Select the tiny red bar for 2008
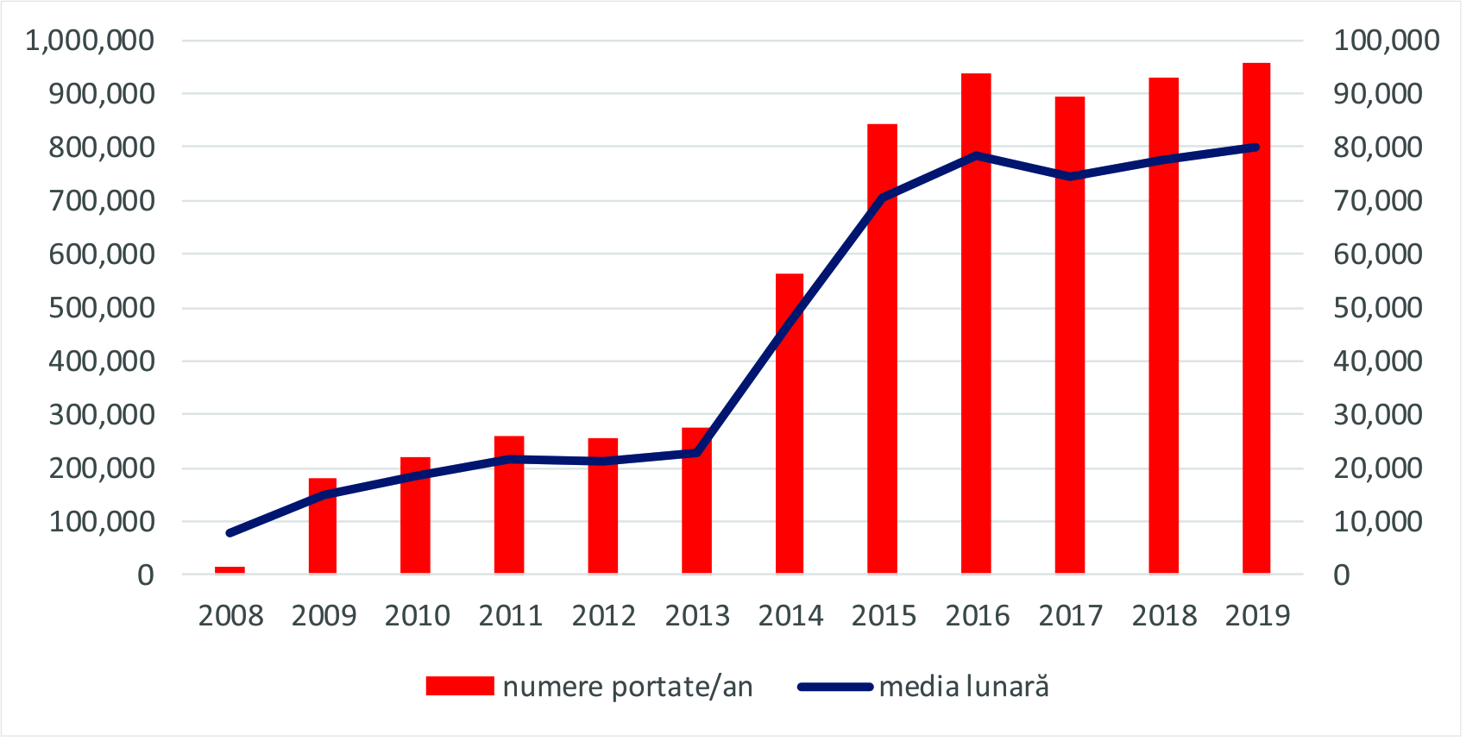tap(230, 569)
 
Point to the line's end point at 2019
tap(1256, 148)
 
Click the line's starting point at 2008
tap(230, 533)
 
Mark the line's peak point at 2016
tap(976, 156)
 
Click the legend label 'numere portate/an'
tap(627, 687)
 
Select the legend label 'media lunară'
tap(964, 687)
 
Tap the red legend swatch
tap(459, 686)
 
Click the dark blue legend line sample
tap(834, 687)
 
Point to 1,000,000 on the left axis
tap(90, 40)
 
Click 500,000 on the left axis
tap(101, 307)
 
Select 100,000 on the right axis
tap(1386, 40)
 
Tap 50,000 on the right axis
tap(1377, 307)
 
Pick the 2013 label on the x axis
tap(697, 616)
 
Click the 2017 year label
tap(1070, 616)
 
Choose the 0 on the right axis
tap(1341, 575)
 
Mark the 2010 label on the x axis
tap(417, 616)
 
